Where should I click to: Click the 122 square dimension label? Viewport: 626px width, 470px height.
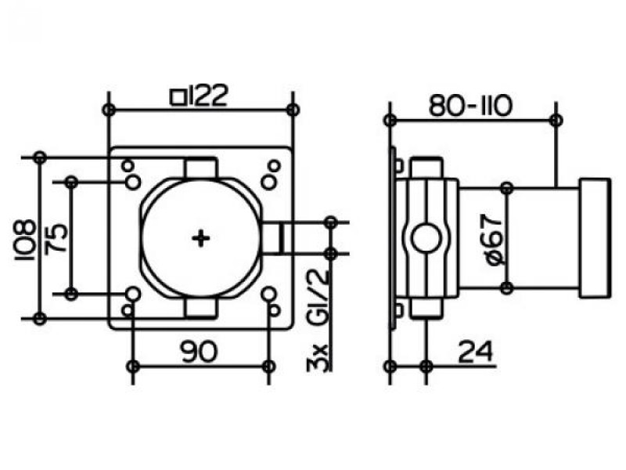coord(200,96)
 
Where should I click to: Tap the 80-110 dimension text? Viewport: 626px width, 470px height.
coord(470,106)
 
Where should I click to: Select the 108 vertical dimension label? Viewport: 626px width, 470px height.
coord(25,240)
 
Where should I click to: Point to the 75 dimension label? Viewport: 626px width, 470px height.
coord(56,238)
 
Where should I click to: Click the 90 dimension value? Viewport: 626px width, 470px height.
coord(200,352)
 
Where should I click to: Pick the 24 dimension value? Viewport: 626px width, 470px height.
coord(475,352)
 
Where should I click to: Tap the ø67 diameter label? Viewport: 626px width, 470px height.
coord(496,239)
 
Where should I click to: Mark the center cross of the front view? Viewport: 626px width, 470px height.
coord(201,239)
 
